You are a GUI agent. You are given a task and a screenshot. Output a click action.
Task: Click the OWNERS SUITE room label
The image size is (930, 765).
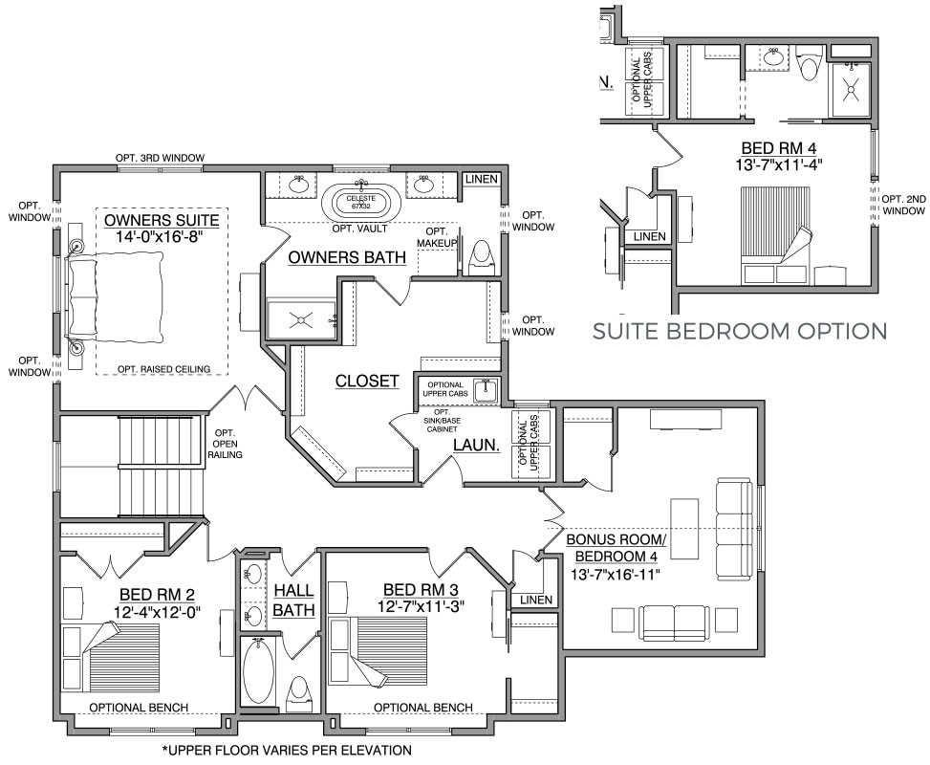[162, 220]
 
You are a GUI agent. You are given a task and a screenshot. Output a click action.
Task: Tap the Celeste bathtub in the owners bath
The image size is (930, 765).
[360, 203]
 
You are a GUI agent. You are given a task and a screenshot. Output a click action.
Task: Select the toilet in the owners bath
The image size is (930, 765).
[481, 257]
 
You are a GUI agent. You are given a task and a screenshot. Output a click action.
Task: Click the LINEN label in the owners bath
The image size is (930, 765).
[481, 179]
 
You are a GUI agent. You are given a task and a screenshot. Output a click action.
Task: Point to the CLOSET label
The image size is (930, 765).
[367, 381]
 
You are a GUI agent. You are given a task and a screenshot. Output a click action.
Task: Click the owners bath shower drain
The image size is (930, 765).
[301, 320]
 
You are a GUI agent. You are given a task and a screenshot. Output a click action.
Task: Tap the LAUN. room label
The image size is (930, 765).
[476, 445]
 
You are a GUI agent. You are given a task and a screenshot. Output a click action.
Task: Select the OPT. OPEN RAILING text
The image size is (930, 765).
[225, 444]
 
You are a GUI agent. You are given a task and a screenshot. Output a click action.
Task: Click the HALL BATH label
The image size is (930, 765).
[293, 600]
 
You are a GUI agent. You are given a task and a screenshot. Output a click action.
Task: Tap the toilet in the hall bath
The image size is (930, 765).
[298, 692]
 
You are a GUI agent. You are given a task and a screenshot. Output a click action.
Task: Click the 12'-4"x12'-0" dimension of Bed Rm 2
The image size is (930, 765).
[157, 612]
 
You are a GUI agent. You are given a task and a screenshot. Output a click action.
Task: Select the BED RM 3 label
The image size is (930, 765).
[421, 590]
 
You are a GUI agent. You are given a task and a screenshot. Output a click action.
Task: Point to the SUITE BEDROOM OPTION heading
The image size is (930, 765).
[740, 331]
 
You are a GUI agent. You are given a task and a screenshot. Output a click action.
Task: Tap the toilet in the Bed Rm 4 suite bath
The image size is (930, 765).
[809, 65]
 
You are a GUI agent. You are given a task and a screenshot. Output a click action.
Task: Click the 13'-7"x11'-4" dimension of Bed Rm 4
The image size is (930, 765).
[779, 165]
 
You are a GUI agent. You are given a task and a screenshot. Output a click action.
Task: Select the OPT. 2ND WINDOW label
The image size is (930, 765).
[904, 205]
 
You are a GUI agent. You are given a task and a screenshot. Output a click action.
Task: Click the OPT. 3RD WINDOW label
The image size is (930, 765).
[161, 158]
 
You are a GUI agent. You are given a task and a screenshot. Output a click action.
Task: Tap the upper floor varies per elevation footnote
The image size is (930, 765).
[287, 750]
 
